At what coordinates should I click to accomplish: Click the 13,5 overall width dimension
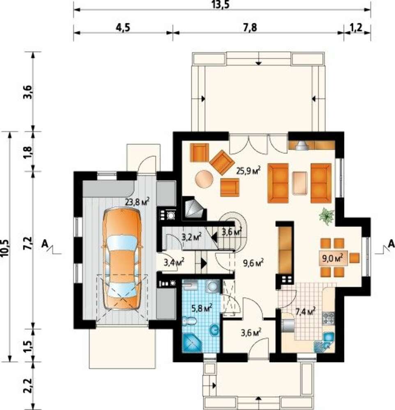(222, 5)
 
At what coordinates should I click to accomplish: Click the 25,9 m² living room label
(248, 171)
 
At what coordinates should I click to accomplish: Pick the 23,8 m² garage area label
(137, 202)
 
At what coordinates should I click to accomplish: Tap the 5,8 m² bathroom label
(202, 309)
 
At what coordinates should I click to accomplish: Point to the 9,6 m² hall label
(253, 263)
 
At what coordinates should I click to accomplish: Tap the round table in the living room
(204, 179)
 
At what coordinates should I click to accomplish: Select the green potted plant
(327, 216)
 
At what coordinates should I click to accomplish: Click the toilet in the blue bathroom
(190, 321)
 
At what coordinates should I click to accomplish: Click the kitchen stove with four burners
(328, 318)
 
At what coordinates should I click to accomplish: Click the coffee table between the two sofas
(300, 183)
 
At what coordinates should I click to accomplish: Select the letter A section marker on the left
(44, 244)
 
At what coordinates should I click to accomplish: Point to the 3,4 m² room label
(174, 262)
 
